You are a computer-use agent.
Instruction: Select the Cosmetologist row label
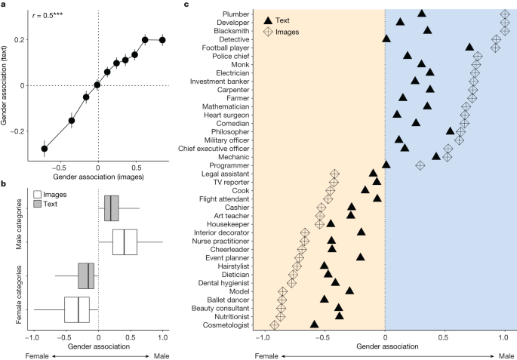click(228, 325)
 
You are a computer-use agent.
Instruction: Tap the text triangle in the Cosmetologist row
click(315, 324)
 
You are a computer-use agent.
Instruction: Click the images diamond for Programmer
click(420, 165)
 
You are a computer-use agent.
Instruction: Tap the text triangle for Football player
click(470, 48)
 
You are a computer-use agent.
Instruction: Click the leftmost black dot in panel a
click(45, 149)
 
